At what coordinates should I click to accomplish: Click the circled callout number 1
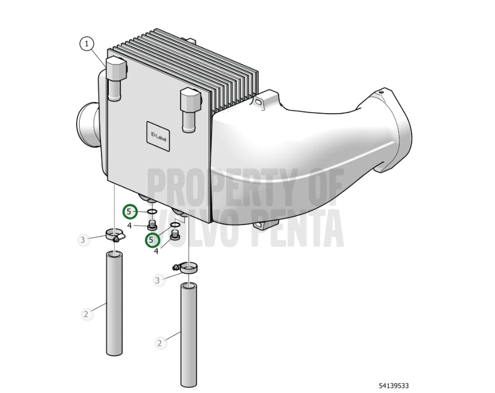tap(87, 44)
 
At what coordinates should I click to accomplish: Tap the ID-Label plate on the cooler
tap(158, 136)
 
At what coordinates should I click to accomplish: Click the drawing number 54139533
tap(393, 386)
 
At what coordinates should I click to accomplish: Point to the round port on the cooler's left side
tap(87, 125)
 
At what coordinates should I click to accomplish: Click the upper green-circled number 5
tap(130, 212)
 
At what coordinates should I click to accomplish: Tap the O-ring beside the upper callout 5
tap(152, 211)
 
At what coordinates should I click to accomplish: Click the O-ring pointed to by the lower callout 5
tap(175, 224)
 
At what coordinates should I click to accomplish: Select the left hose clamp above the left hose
tap(115, 235)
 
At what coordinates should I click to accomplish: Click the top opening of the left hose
tap(114, 254)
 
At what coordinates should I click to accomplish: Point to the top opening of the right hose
tap(189, 287)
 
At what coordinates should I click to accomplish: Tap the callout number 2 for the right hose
tap(159, 343)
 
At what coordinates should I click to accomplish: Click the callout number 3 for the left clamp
tap(83, 240)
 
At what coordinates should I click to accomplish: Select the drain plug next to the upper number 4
tap(153, 226)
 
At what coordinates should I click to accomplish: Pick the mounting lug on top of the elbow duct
tap(265, 100)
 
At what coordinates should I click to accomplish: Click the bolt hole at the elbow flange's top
tap(381, 92)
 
